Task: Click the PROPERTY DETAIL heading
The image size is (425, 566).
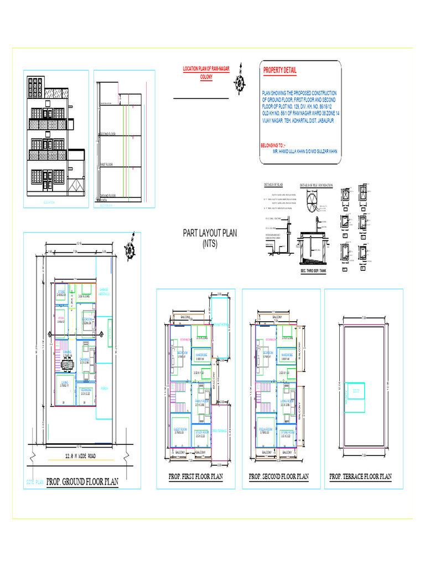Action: [279, 71]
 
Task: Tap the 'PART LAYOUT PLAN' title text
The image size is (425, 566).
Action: [210, 233]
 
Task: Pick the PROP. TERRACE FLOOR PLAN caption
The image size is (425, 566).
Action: [360, 476]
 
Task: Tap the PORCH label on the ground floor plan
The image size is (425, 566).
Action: [105, 389]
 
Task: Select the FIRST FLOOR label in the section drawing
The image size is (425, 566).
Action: [106, 165]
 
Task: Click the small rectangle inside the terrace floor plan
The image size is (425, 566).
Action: [355, 396]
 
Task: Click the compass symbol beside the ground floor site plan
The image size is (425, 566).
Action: [130, 249]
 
